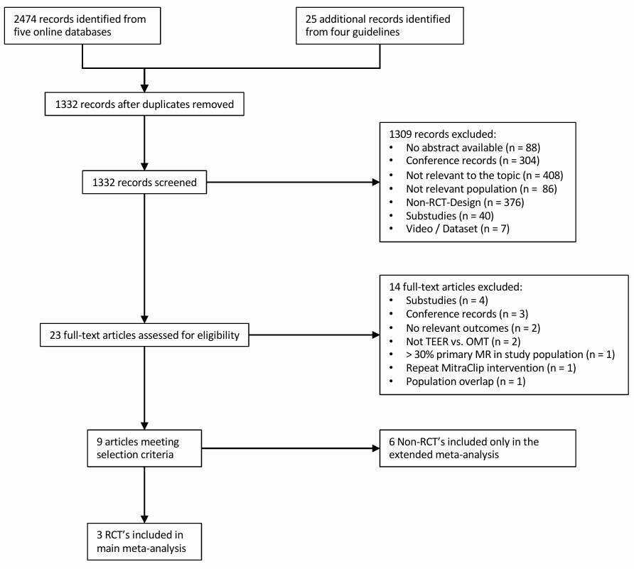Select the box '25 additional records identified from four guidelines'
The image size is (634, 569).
point(380,26)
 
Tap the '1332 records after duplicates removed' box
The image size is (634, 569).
point(144,104)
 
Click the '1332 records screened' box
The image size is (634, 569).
point(144,183)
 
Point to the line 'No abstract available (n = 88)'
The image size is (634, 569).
point(473,148)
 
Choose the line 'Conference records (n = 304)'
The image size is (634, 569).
point(473,161)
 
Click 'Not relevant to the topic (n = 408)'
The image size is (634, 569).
point(485,175)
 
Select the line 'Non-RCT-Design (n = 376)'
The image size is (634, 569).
point(465,202)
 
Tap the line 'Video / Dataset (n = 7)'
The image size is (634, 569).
point(458,229)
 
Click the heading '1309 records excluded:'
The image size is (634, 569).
point(442,134)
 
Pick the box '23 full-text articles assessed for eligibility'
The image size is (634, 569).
point(144,335)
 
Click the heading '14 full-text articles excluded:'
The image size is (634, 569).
point(456,287)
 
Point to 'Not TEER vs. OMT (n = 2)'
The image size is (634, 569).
point(463,342)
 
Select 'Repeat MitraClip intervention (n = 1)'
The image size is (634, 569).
point(491,368)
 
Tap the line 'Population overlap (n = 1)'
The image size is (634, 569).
point(466,381)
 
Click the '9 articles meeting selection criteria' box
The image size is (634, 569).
point(144,448)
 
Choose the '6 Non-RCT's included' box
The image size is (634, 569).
point(478,448)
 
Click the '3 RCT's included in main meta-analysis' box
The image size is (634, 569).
point(144,541)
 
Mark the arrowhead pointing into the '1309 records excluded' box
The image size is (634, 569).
point(375,183)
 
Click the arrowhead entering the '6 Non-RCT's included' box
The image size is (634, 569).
point(375,448)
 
